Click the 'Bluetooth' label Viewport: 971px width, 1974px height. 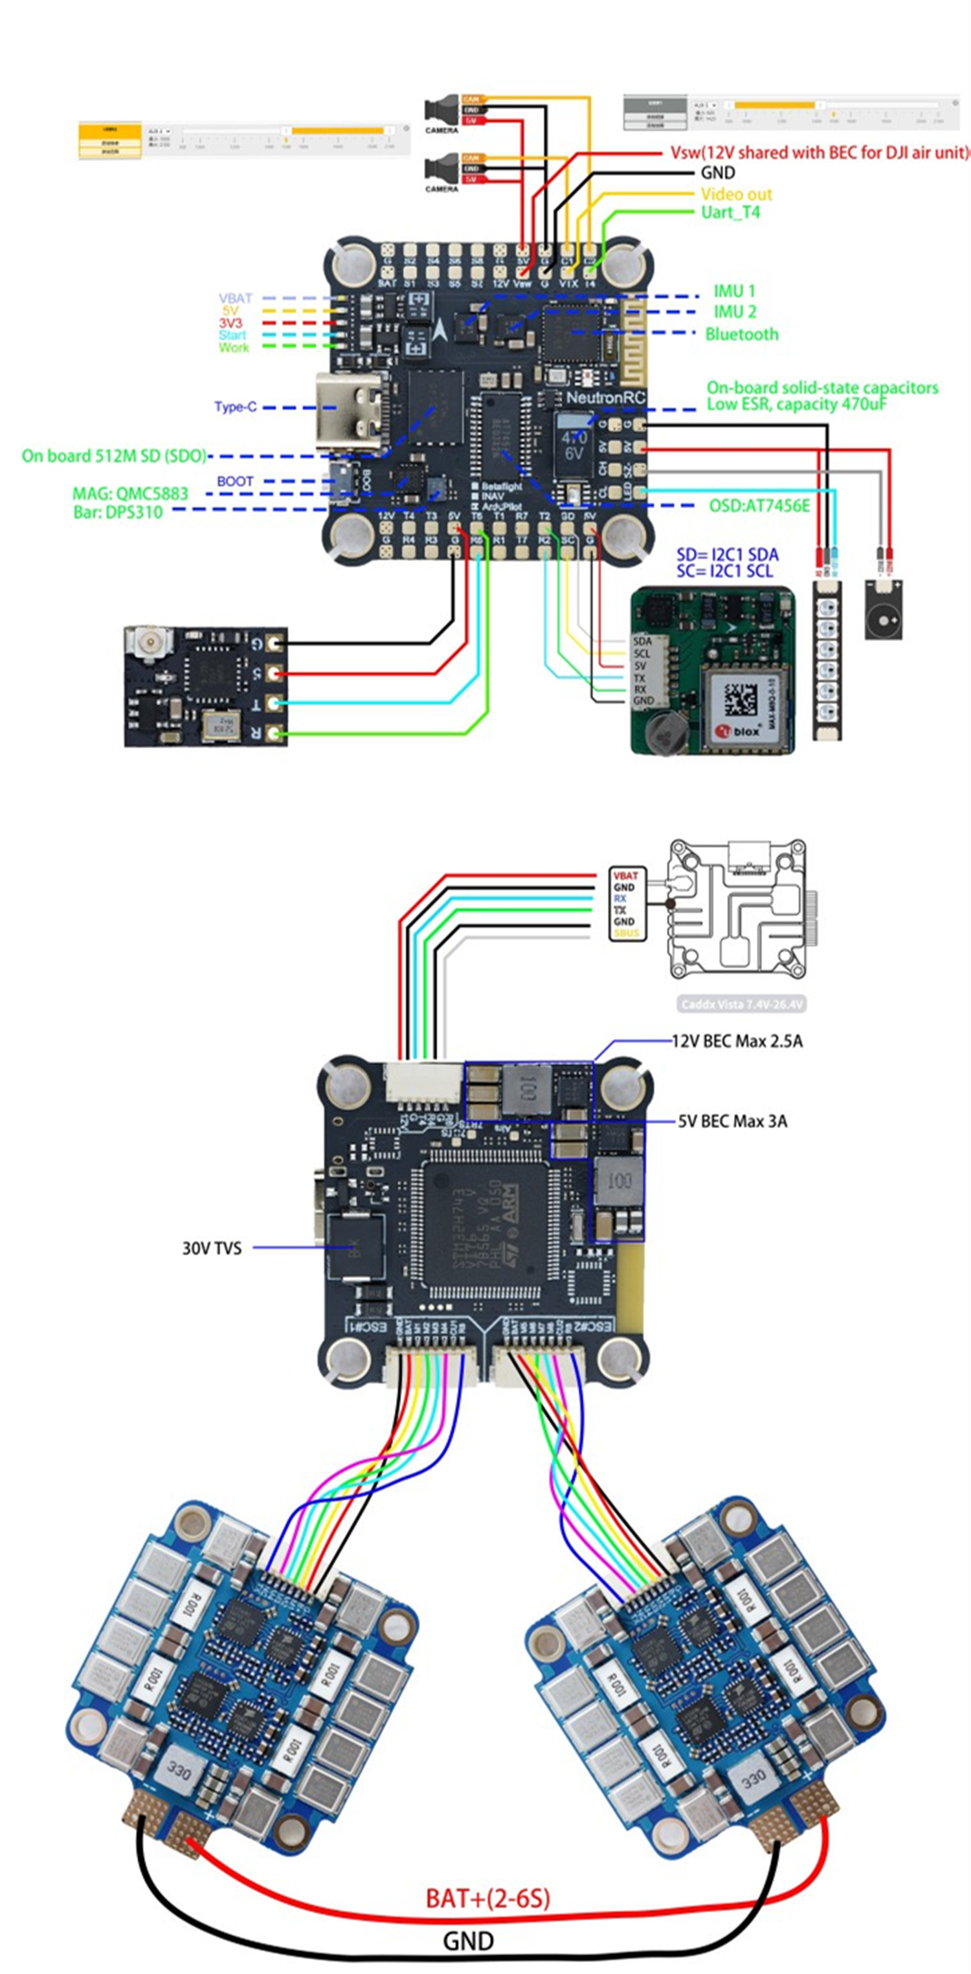[741, 334]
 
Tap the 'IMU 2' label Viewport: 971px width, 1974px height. [734, 312]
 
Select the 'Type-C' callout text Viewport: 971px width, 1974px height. [235, 407]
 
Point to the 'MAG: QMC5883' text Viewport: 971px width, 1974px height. [130, 493]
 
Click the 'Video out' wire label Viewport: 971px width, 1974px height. [736, 194]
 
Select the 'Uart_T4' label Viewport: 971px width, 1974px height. [730, 212]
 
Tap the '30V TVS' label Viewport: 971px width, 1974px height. [212, 1248]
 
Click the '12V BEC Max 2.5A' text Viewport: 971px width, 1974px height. [737, 1040]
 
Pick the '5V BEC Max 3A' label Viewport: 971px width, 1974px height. [732, 1121]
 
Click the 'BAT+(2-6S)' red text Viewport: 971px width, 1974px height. [487, 1898]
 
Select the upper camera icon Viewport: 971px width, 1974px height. [442, 109]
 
